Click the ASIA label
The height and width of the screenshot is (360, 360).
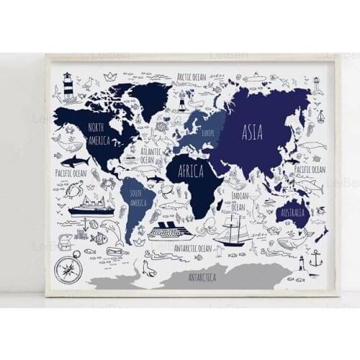(252, 132)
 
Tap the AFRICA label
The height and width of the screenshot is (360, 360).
(186, 171)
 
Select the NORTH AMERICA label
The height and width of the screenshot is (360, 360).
(100, 132)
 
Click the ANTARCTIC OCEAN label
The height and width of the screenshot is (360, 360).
(194, 248)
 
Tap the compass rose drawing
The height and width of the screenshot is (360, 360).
(68, 269)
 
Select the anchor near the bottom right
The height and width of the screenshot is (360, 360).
(315, 257)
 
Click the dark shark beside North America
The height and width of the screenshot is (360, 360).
(75, 160)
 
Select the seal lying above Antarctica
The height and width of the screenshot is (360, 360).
(150, 269)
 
